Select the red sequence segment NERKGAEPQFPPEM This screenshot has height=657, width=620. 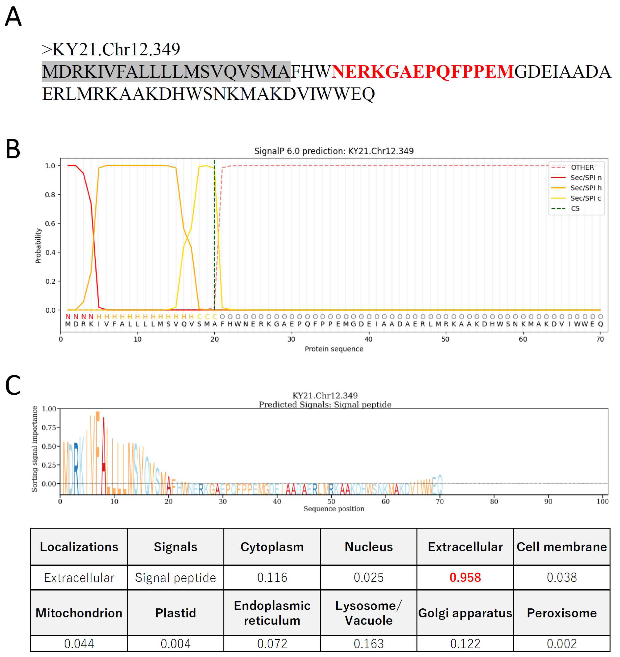point(423,72)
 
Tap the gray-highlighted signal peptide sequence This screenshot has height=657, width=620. point(166,72)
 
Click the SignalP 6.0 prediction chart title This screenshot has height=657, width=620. point(334,151)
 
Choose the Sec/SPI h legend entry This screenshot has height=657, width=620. point(586,188)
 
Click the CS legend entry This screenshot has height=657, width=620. point(575,208)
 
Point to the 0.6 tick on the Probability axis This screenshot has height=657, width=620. point(50,224)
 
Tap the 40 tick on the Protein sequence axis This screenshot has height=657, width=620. point(369,339)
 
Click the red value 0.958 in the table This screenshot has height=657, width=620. point(465,577)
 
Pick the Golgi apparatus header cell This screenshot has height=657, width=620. point(465,613)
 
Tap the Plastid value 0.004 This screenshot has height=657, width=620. point(176,643)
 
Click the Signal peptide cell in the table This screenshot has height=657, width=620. point(176,577)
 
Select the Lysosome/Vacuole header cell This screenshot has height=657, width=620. point(369,613)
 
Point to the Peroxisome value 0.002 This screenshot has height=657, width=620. point(562,643)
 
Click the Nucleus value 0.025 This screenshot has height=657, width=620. point(369,577)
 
